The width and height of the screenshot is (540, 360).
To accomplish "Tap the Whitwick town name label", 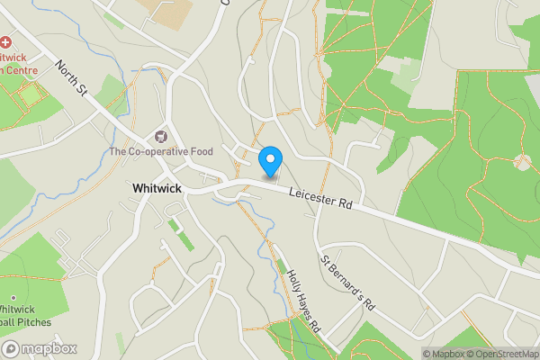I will pos(158,188).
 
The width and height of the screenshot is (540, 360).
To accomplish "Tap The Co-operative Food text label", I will pos(161,151).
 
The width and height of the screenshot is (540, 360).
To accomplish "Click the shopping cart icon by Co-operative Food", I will pos(162,137).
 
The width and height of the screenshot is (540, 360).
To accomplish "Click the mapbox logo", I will pos(40,349).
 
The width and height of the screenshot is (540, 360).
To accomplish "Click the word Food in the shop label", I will pos(200,151).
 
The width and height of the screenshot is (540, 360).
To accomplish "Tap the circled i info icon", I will pos(416,354).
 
